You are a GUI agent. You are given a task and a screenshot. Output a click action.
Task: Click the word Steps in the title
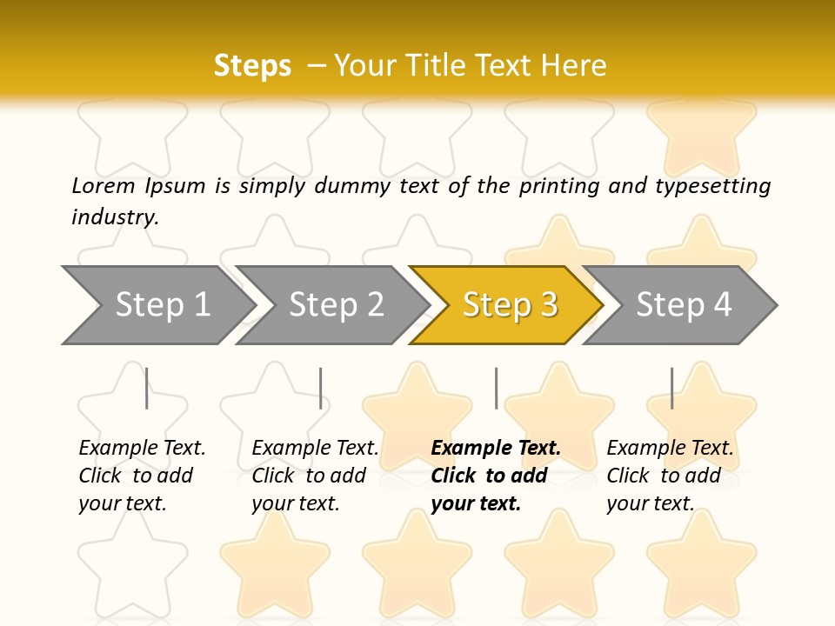(x=252, y=66)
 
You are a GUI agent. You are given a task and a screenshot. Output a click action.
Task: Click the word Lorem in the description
(x=103, y=185)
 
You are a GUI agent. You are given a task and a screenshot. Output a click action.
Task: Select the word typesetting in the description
(x=712, y=186)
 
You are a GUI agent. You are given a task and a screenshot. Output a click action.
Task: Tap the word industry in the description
(x=115, y=217)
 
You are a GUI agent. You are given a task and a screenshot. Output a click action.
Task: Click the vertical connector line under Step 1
(x=147, y=388)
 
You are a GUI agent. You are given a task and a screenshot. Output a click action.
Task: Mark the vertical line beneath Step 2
(x=321, y=388)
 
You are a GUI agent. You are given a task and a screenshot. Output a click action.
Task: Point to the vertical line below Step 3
(x=496, y=388)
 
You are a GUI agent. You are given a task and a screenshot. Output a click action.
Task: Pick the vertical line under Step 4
(x=671, y=388)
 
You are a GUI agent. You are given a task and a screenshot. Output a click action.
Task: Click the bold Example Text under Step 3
(x=496, y=448)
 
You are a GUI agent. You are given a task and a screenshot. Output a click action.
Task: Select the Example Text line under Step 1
(x=142, y=448)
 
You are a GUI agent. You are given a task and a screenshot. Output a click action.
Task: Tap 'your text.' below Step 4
(x=650, y=503)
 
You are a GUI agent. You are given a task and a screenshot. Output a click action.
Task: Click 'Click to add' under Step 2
(x=309, y=476)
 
